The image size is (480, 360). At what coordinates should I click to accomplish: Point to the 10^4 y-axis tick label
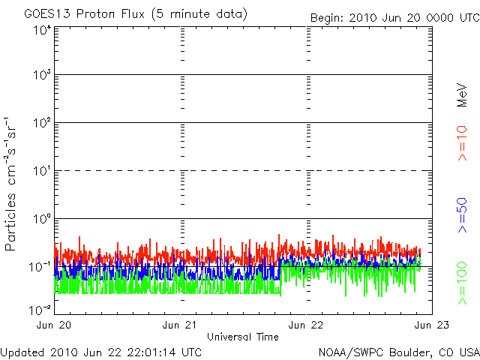click(40, 31)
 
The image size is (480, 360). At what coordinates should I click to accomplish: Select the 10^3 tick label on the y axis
click(40, 76)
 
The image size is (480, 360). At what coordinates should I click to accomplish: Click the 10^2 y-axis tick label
click(40, 123)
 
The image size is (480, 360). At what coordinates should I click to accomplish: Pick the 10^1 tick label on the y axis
click(40, 171)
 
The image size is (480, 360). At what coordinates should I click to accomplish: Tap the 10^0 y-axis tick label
click(40, 219)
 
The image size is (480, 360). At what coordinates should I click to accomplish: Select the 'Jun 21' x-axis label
click(181, 325)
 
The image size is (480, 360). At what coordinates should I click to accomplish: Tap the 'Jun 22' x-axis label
click(306, 325)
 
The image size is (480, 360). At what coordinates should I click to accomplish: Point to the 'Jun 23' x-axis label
click(430, 325)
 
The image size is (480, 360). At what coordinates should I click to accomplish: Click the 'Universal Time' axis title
click(242, 337)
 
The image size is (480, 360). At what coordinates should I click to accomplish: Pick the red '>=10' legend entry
click(463, 143)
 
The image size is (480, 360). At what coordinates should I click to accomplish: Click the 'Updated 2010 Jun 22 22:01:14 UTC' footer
click(101, 351)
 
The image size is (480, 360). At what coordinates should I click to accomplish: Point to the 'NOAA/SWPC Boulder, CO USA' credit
click(398, 351)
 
